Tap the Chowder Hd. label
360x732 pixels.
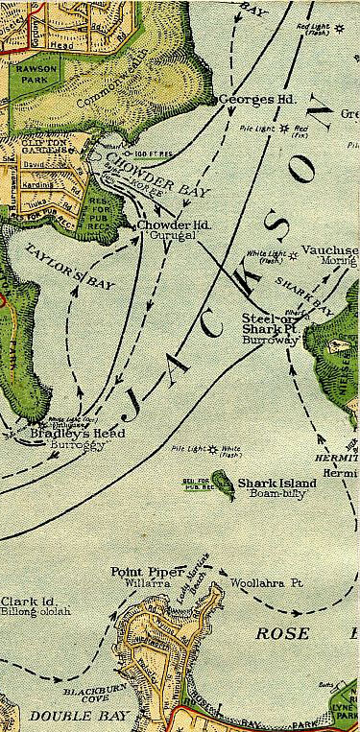(166, 224)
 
